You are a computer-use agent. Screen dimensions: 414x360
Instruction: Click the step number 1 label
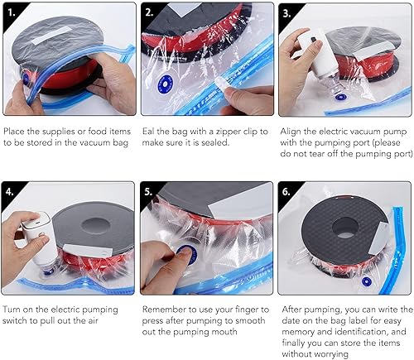(12, 12)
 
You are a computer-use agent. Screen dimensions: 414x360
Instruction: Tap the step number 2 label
(149, 12)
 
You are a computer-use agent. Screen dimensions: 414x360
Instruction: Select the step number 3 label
(286, 13)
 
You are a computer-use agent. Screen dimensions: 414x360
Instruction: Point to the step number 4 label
(10, 191)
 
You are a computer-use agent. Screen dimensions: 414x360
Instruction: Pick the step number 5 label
(148, 191)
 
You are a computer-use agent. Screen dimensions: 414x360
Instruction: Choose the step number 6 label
(286, 191)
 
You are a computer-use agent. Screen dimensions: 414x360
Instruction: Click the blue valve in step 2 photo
(165, 83)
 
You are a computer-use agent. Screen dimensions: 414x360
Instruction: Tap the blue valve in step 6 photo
(367, 281)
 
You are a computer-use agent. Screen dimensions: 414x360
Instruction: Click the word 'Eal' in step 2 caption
(148, 132)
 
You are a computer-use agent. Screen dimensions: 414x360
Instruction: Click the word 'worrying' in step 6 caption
(315, 354)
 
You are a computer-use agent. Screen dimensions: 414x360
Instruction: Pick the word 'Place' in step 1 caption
(14, 132)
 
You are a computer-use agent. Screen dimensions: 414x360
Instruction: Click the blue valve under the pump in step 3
(341, 97)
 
